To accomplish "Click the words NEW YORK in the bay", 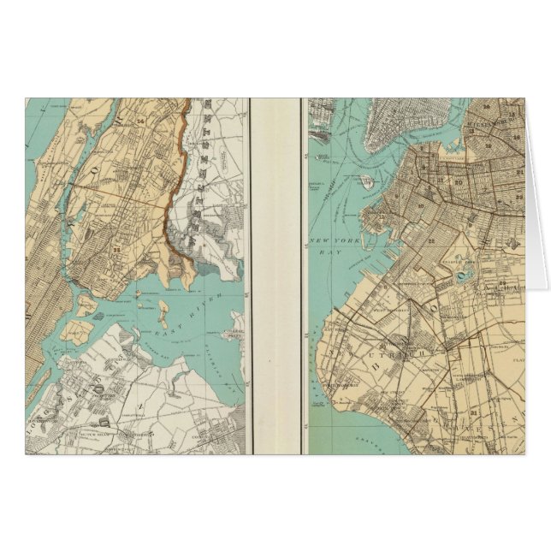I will [329, 240].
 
